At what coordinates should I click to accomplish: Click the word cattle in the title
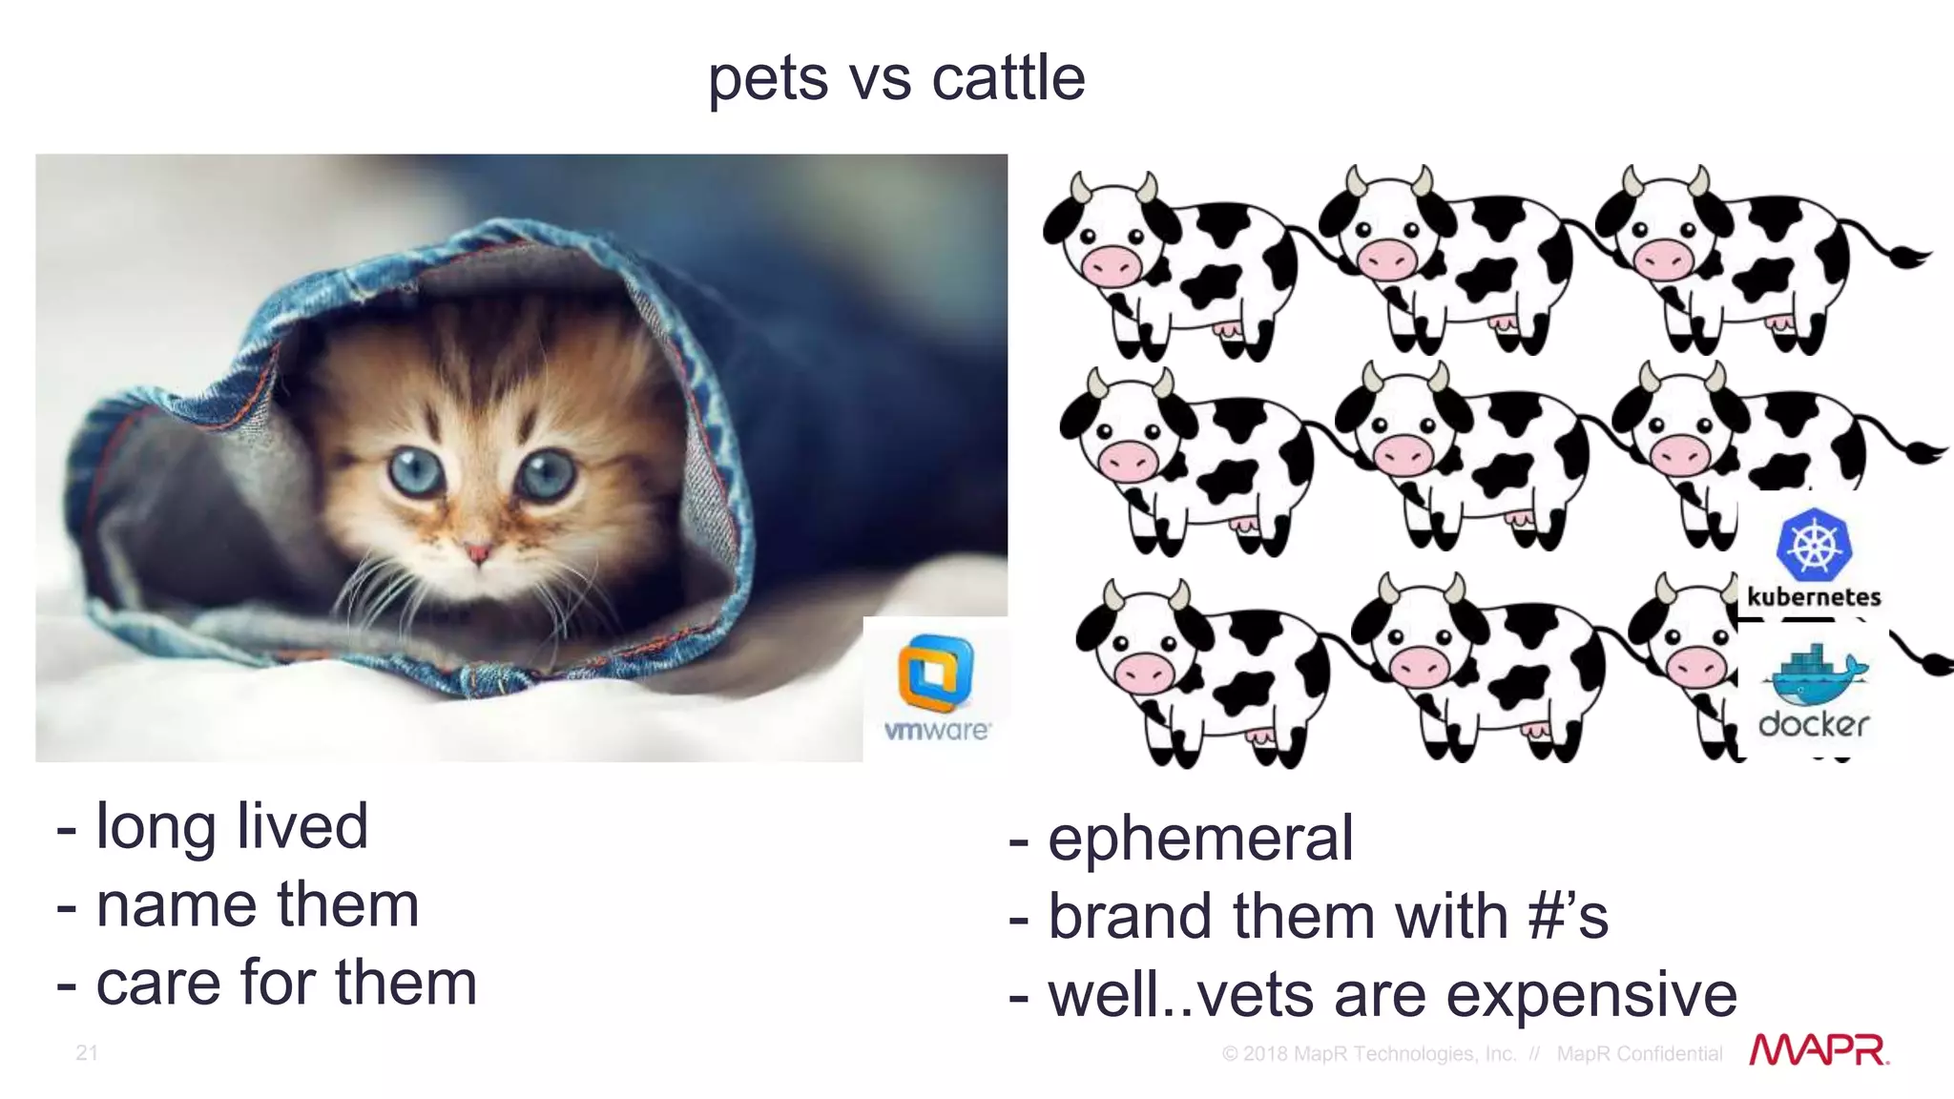click(1008, 78)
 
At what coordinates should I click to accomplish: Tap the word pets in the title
click(767, 80)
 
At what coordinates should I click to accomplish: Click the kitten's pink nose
click(477, 551)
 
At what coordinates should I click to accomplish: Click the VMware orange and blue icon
click(935, 674)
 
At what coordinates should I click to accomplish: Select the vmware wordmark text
click(936, 731)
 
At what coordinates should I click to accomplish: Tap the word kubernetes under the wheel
click(1814, 598)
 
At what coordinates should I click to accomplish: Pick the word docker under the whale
click(1813, 725)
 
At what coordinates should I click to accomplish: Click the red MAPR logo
click(1819, 1050)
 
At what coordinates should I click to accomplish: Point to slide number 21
click(87, 1052)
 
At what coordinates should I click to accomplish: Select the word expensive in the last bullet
click(1591, 996)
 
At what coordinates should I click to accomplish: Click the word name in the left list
click(177, 905)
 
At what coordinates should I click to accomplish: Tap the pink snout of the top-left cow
click(1111, 263)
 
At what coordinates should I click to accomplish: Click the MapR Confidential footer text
click(1639, 1054)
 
